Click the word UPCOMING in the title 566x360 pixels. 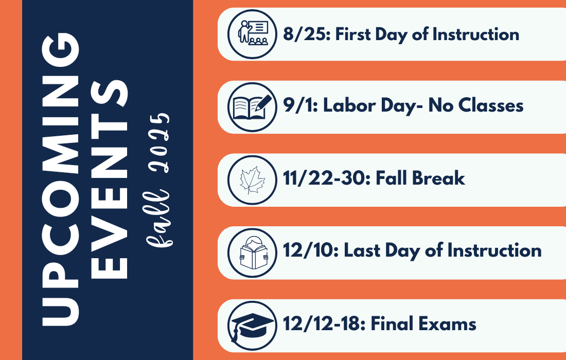click(x=60, y=179)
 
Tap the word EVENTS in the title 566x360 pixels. click(x=109, y=179)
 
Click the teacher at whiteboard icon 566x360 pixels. click(x=253, y=34)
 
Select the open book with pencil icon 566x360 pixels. click(x=253, y=107)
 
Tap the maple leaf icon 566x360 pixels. click(x=253, y=180)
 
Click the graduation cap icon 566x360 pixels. click(x=253, y=326)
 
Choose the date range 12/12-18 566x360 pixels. click(x=324, y=323)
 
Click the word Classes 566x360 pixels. click(x=491, y=106)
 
